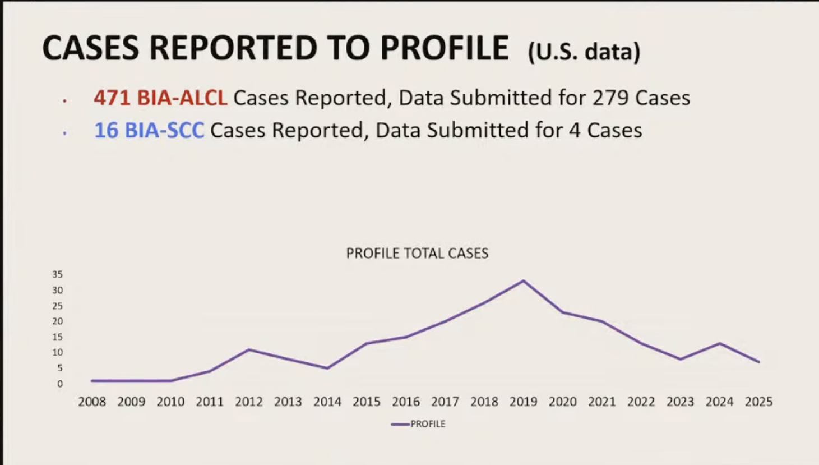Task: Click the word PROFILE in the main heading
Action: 444,48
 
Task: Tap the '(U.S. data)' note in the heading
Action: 584,52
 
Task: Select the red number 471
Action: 112,98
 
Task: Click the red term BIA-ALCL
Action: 182,98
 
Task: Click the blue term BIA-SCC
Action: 165,130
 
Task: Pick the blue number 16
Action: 106,130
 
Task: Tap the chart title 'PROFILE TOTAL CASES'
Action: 417,253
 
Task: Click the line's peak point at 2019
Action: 523,281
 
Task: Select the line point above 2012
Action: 249,350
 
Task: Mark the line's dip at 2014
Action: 327,368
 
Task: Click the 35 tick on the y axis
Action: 57,274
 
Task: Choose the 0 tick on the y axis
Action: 60,384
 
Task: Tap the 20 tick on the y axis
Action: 57,321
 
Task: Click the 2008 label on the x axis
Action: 92,402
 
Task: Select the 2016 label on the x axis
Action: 406,402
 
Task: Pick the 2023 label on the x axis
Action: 681,402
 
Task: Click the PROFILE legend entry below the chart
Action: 418,424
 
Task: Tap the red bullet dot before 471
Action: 64,100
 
